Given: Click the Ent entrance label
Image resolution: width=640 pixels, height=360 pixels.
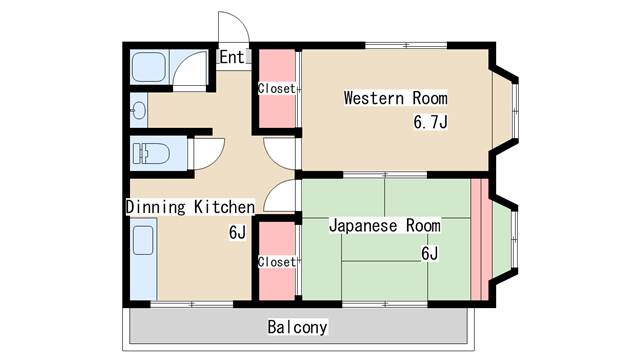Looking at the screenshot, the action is tap(231, 57).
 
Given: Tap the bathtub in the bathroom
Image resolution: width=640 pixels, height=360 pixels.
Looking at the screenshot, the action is tap(149, 67).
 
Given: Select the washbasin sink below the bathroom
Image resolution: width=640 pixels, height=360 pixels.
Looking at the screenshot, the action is tap(140, 110).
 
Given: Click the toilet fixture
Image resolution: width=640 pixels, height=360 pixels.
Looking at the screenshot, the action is tap(151, 153).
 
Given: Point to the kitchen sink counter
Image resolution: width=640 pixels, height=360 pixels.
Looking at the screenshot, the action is tap(143, 259).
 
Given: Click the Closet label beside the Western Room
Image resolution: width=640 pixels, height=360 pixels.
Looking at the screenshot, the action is tap(276, 89).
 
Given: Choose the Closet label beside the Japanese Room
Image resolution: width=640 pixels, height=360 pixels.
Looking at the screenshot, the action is tap(276, 262).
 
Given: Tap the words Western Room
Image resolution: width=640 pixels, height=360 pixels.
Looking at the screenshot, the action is tap(396, 98).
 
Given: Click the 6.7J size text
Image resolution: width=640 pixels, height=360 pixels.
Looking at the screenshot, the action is tap(430, 122).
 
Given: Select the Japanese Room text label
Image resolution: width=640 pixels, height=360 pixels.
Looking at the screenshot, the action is tap(385, 225).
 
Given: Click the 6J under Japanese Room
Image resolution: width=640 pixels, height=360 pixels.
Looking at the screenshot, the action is tap(429, 253).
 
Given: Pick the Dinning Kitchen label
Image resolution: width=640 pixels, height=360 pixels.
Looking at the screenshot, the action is tap(190, 207).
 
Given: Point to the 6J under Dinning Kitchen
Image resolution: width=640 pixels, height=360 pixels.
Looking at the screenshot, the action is tap(237, 233).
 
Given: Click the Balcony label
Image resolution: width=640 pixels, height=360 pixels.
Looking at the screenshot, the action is tap(298, 327).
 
